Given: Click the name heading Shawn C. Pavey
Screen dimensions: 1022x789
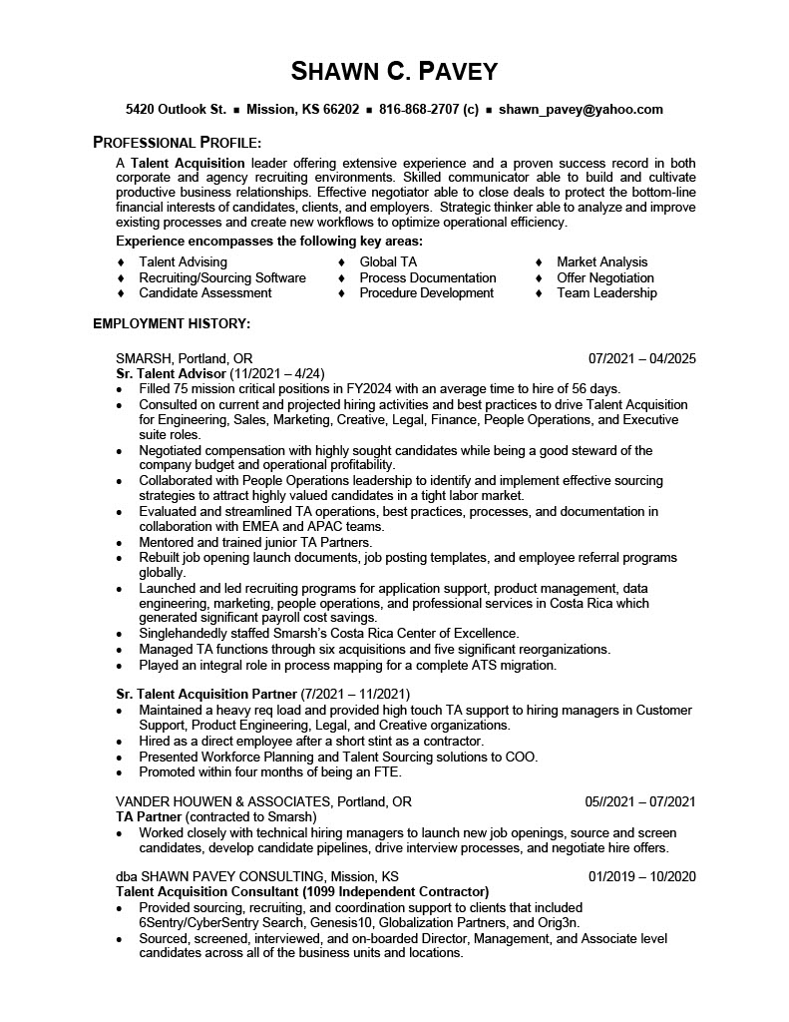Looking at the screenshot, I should click(394, 71).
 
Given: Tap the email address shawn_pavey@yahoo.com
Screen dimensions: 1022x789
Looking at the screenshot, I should click(581, 110).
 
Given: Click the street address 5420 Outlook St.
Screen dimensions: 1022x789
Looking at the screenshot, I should click(176, 110).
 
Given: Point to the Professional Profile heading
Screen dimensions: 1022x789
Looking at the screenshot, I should click(178, 142).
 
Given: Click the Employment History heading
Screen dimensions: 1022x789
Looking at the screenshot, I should click(172, 323).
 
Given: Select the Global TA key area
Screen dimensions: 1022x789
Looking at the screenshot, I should click(388, 262).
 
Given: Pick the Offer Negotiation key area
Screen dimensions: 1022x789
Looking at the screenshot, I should click(605, 278).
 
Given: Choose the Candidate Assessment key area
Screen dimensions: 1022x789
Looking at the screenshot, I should click(205, 293).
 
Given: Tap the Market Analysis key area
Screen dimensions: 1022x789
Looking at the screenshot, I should click(602, 262).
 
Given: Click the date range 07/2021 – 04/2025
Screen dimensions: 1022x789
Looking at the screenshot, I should click(641, 358).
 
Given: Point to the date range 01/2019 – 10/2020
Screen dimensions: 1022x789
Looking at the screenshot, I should click(641, 877).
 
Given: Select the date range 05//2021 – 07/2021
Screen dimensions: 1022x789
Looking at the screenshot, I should click(639, 801).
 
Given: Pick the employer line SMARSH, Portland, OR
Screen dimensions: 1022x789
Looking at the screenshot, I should click(185, 358).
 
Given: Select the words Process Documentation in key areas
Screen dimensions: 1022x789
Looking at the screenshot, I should click(428, 278).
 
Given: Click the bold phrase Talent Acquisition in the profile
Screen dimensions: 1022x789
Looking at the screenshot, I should click(188, 163).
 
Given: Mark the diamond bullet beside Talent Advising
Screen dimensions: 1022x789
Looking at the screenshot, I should click(121, 262).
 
